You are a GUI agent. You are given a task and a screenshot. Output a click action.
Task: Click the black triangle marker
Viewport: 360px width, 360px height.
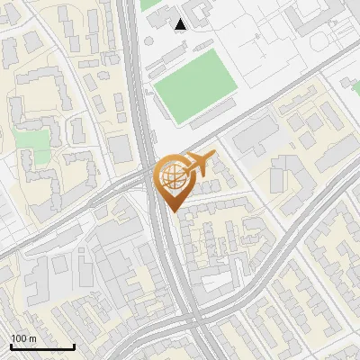click(181, 24)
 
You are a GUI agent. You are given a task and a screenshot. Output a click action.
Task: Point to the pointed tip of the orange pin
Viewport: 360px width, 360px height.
click(173, 212)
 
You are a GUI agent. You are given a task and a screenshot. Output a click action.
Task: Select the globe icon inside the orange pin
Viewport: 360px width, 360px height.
click(172, 177)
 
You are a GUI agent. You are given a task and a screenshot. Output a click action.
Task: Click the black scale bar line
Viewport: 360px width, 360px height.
click(42, 346)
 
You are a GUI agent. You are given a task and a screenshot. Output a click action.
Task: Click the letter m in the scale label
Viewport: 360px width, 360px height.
click(33, 338)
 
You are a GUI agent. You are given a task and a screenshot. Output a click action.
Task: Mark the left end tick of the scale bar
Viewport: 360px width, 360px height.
click(11, 346)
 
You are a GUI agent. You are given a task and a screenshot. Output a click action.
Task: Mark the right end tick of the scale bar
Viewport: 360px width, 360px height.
click(74, 346)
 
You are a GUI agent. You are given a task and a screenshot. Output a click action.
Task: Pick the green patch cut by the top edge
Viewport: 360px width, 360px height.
click(149, 4)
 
